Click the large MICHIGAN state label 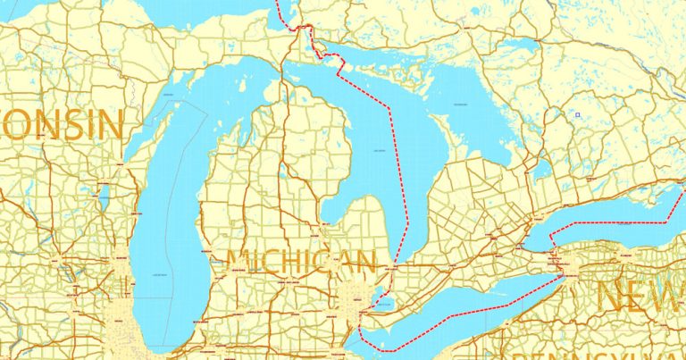[x=301, y=263]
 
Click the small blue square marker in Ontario [x=578, y=114]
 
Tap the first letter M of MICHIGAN [x=238, y=263]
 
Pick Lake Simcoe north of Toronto [x=538, y=167]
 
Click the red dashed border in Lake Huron [x=398, y=179]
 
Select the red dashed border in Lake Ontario [x=616, y=220]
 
